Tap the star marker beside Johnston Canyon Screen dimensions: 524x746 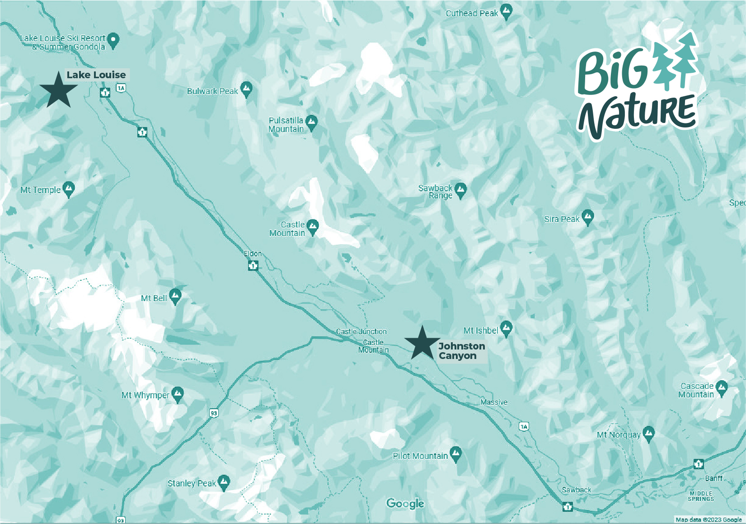point(422,344)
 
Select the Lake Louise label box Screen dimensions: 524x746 point(96,75)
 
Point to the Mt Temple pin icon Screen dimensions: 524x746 point(69,189)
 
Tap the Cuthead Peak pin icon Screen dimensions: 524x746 point(507,12)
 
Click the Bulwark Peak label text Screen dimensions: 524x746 point(212,91)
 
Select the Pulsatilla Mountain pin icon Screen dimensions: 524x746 point(311,122)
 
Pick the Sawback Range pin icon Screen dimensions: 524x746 point(460,189)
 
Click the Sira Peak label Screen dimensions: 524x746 point(562,219)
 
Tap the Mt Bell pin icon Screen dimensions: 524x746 point(175,296)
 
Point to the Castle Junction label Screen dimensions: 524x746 point(361,331)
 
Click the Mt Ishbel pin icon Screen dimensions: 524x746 point(506,328)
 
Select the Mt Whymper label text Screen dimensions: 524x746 point(145,395)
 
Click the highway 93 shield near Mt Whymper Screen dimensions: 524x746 point(214,413)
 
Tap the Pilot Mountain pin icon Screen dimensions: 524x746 point(456,453)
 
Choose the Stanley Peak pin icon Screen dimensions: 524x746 point(224,482)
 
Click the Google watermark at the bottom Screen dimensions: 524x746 point(405,504)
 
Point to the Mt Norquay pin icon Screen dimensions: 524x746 point(649,433)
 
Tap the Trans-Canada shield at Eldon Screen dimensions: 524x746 point(253,265)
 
